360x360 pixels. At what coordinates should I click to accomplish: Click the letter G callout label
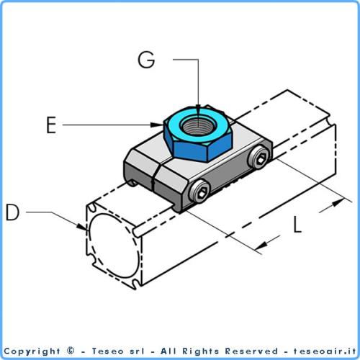coord(146,60)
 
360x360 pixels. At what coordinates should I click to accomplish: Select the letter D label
coord(13,212)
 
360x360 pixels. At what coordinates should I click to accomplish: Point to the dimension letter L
coord(297,225)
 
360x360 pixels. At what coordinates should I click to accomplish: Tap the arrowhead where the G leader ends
coord(197,108)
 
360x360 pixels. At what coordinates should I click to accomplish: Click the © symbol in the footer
coord(71,351)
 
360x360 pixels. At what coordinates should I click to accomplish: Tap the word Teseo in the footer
coord(105,351)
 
